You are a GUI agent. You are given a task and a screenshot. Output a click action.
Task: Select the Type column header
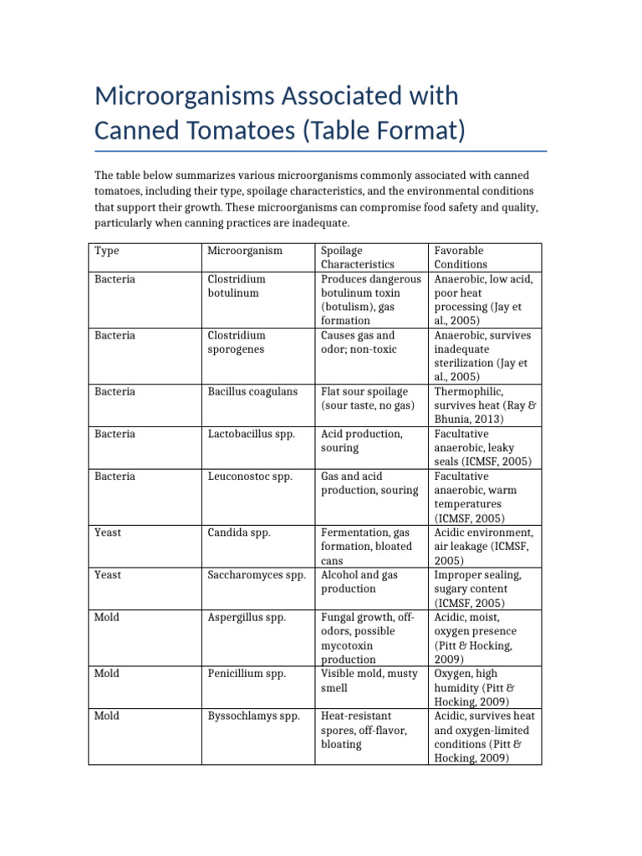click(107, 251)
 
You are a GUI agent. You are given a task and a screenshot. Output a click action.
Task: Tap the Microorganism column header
click(245, 251)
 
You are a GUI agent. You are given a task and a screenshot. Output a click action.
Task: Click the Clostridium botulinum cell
click(237, 286)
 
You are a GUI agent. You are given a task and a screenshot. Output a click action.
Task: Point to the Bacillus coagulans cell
click(252, 391)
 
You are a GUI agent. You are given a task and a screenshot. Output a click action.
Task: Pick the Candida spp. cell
click(239, 532)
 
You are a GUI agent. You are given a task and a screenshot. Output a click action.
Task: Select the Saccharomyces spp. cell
click(257, 575)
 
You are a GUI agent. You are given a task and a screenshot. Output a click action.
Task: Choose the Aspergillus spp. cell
click(247, 618)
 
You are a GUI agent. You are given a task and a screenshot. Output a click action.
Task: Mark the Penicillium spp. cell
click(247, 674)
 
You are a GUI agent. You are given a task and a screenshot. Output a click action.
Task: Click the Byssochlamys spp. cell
click(253, 716)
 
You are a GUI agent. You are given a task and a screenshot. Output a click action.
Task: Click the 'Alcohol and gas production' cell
click(359, 582)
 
